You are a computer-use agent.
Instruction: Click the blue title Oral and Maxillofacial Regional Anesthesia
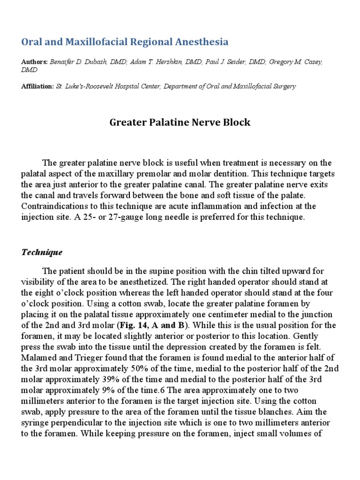pyautogui.click(x=125, y=42)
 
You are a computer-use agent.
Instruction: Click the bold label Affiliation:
pyautogui.click(x=37, y=86)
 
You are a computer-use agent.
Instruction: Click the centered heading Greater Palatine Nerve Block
pyautogui.click(x=180, y=123)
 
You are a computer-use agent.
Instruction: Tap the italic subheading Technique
pyautogui.click(x=42, y=252)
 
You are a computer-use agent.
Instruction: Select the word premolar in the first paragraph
pyautogui.click(x=175, y=174)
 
